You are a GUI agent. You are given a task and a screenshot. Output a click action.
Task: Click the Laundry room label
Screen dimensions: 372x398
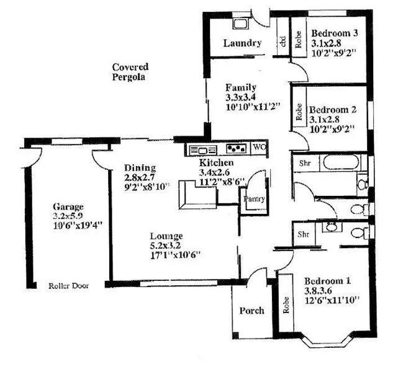(x=242, y=43)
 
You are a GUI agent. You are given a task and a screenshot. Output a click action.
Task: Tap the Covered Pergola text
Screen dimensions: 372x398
(x=130, y=72)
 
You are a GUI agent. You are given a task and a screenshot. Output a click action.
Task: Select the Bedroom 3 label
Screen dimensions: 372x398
(x=335, y=33)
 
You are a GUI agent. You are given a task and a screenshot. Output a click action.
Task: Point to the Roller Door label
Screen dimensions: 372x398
(x=69, y=286)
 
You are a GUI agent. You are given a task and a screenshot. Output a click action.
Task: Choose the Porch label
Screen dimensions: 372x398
(x=251, y=310)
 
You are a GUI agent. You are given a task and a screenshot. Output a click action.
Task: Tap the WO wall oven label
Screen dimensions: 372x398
(x=260, y=148)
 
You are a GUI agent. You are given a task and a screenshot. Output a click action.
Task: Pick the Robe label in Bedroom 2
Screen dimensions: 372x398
(x=299, y=112)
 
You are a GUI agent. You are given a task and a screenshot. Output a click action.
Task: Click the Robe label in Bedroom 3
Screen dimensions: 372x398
(x=299, y=40)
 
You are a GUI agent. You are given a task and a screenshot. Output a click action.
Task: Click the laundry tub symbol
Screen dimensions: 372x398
(x=240, y=24)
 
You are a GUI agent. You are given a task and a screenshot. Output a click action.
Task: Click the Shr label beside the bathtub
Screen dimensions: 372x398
(x=305, y=163)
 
